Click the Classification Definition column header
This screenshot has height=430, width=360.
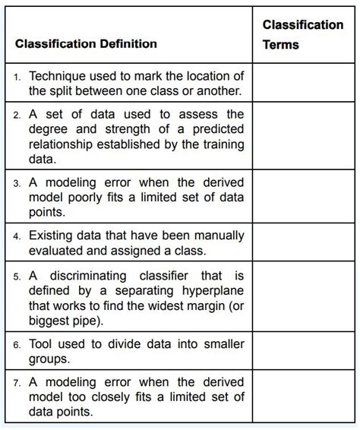(x=86, y=44)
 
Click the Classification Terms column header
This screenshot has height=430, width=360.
(x=302, y=35)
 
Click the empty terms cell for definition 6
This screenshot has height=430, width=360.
(x=302, y=351)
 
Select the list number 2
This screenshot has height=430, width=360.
(x=17, y=114)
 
